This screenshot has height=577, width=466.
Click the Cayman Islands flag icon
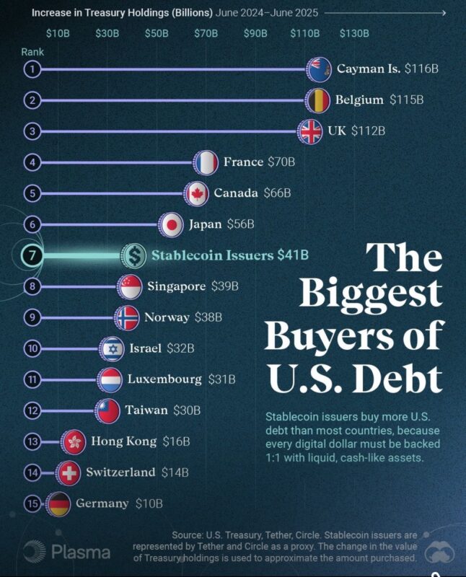tap(319, 69)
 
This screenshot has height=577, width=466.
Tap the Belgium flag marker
tap(318, 100)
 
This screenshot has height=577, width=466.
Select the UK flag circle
tap(311, 131)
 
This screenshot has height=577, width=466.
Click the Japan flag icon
tap(172, 224)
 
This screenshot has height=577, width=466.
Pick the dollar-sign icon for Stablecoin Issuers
tap(134, 255)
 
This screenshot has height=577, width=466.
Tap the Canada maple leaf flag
tap(196, 193)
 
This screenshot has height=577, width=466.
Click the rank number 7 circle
tap(33, 255)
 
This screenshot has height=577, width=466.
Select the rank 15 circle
tap(32, 503)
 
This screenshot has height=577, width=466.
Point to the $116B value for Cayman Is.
tap(422, 69)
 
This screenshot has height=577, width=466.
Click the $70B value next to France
tap(281, 162)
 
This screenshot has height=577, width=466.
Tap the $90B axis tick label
tap(255, 34)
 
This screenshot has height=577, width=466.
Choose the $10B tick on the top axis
tap(58, 34)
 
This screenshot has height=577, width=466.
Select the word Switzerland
tap(120, 472)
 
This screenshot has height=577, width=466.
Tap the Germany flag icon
tap(58, 503)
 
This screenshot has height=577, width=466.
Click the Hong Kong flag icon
tap(74, 441)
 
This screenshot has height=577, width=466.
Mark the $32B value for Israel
tap(181, 348)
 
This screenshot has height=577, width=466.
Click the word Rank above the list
tap(32, 52)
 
